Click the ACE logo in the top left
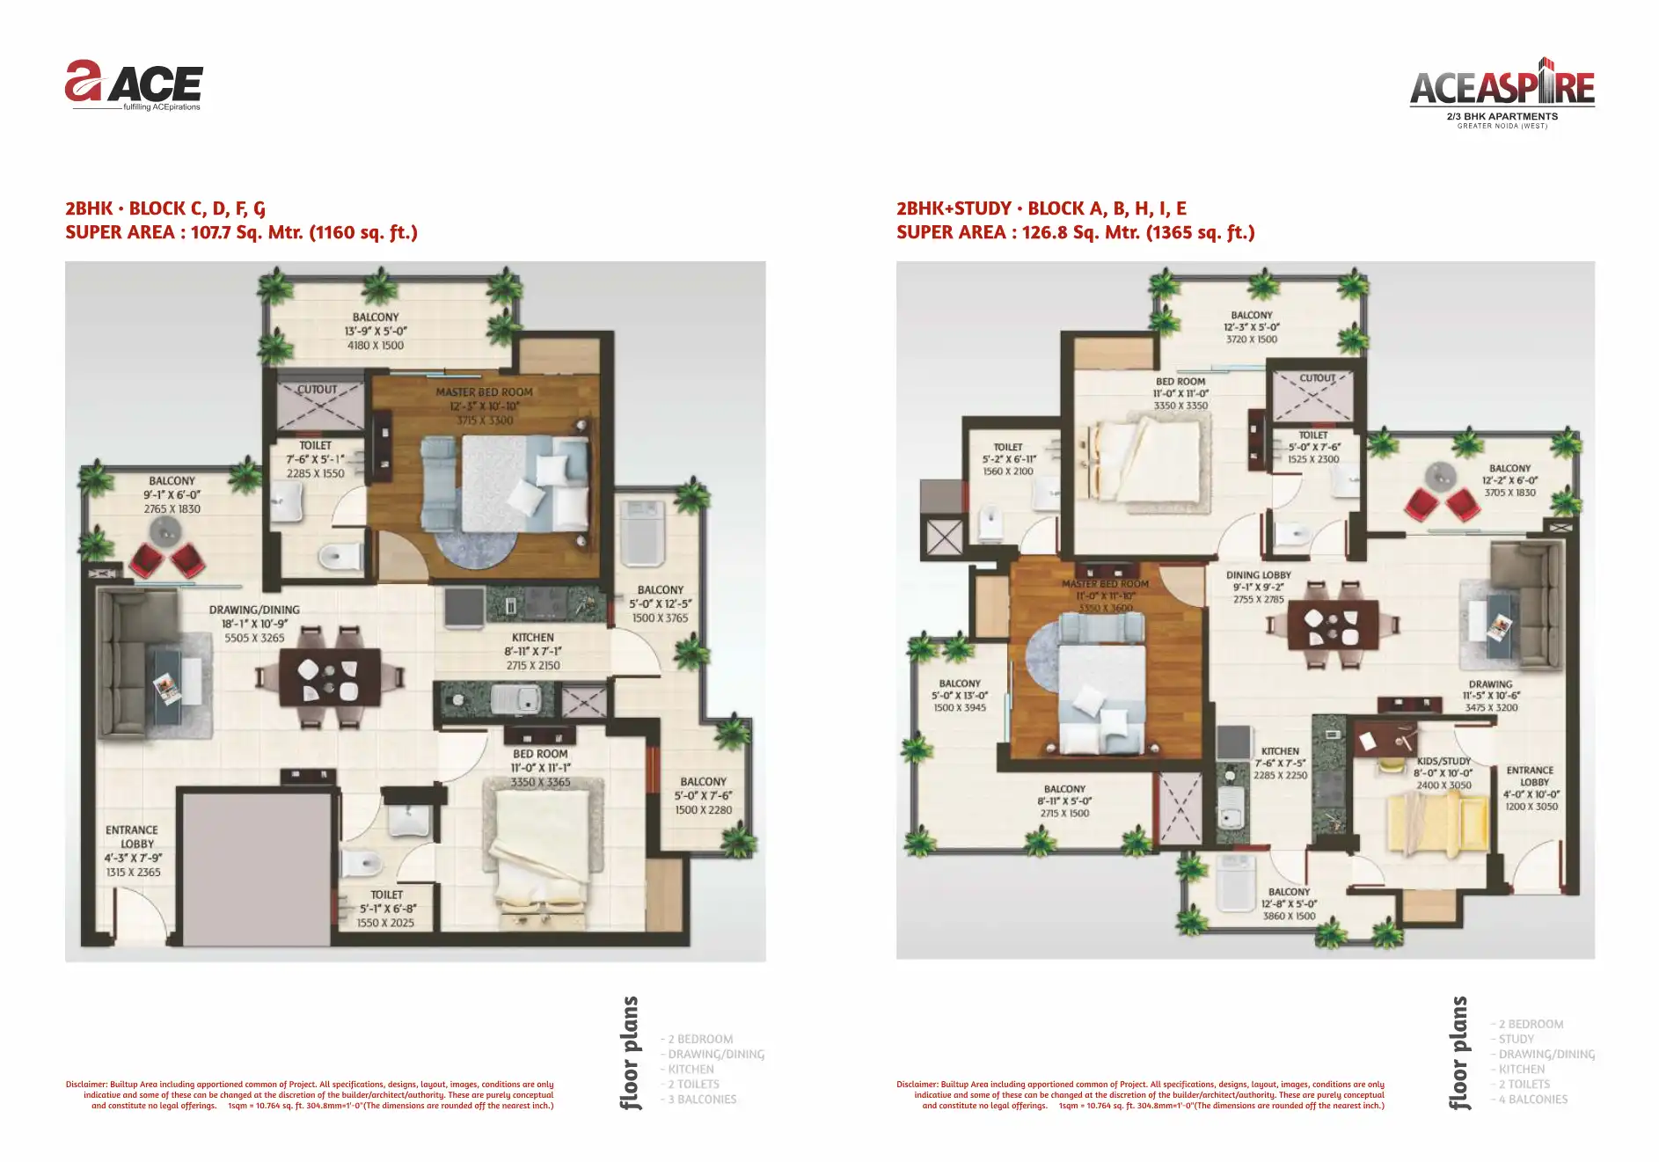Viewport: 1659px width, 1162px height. [x=134, y=84]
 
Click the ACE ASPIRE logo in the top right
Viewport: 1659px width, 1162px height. [x=1502, y=88]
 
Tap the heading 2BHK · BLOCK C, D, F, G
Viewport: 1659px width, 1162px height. [x=165, y=208]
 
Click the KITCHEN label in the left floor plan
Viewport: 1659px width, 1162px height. [x=532, y=638]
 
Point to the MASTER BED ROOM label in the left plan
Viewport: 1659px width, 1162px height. [x=484, y=392]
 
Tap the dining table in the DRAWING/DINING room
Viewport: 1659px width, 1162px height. [x=330, y=677]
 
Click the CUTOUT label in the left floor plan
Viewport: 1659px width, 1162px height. [x=317, y=390]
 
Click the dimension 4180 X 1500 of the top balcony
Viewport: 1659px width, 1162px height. [x=376, y=346]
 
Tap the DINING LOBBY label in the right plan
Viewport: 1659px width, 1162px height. [x=1258, y=575]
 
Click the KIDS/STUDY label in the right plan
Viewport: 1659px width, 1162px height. [x=1443, y=761]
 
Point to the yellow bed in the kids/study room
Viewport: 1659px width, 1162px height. [x=1434, y=822]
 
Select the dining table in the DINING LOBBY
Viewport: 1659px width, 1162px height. [x=1333, y=625]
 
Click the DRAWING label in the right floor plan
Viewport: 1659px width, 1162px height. [x=1490, y=684]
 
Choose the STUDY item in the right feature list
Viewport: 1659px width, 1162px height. [x=1516, y=1040]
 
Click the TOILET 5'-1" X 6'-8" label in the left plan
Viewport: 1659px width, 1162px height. [x=386, y=895]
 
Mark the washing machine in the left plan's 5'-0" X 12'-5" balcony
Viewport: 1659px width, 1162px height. [x=642, y=533]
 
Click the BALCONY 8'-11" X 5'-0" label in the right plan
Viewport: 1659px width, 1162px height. [x=1064, y=789]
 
